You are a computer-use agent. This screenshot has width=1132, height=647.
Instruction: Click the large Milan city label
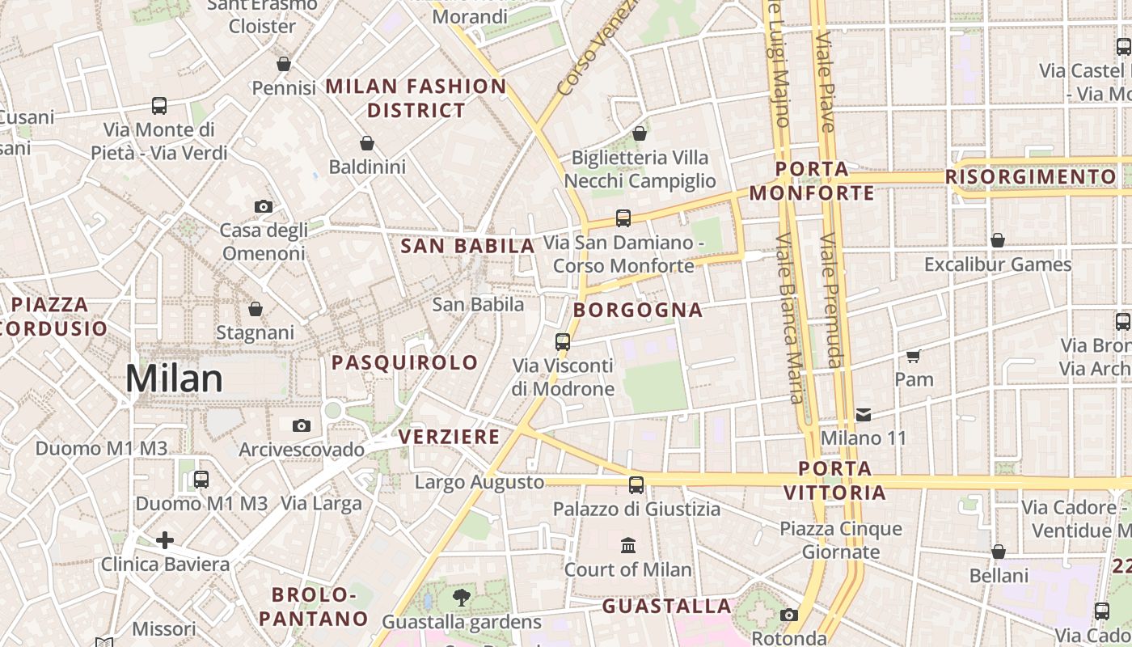(174, 378)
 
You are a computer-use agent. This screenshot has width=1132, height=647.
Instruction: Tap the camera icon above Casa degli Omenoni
(263, 207)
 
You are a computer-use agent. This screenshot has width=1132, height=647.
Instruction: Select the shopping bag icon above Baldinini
(366, 144)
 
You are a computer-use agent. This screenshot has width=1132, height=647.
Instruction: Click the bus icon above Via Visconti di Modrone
(563, 341)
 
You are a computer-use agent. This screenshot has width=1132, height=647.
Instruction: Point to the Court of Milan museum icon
(628, 546)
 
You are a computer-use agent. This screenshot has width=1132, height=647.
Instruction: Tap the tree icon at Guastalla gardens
(461, 598)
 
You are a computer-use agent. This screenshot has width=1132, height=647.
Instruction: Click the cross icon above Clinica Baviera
(165, 540)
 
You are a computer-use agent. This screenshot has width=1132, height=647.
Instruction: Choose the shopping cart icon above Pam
(914, 356)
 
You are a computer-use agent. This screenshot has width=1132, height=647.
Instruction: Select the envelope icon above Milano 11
(863, 415)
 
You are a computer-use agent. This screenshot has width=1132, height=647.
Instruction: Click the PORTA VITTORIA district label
(834, 480)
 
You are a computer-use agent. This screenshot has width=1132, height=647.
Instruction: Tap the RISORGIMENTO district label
(1030, 176)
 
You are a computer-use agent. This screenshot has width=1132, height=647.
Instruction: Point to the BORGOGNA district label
(638, 310)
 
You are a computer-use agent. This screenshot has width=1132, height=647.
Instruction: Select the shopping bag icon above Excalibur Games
(998, 241)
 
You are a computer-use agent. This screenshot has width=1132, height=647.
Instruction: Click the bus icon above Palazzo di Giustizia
(636, 485)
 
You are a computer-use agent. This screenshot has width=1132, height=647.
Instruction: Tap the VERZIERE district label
(450, 437)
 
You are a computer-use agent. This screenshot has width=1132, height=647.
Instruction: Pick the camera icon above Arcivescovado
(301, 425)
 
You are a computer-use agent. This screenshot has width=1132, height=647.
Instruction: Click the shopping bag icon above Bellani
(999, 552)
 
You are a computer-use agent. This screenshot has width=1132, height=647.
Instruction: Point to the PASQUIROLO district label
(405, 362)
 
